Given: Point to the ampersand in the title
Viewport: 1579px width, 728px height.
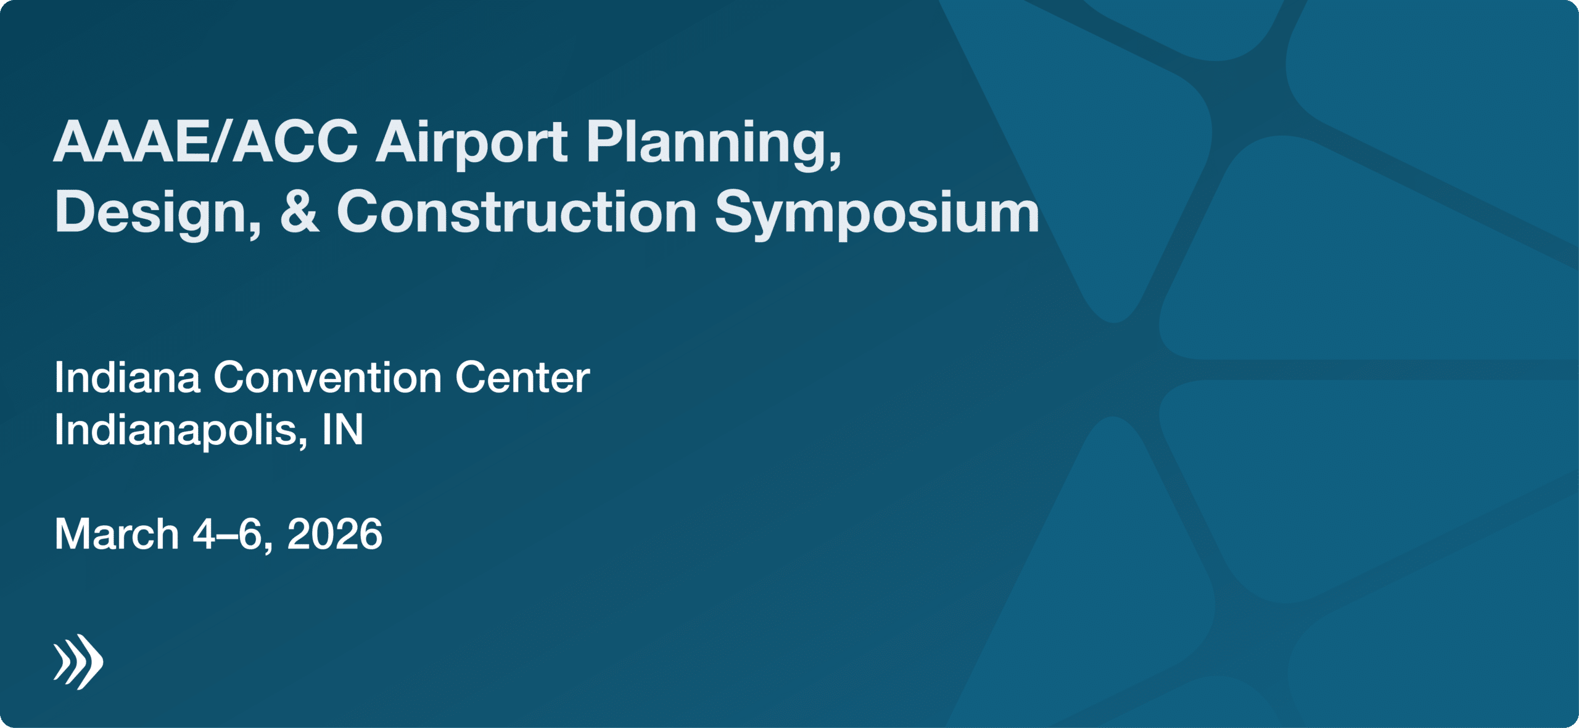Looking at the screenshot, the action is (300, 211).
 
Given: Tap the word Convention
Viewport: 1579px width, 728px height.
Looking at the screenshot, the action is (328, 377).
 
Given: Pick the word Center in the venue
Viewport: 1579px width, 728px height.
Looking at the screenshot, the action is (522, 377).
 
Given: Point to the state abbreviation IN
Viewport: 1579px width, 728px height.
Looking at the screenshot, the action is (343, 429).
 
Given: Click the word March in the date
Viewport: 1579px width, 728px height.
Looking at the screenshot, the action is (117, 534).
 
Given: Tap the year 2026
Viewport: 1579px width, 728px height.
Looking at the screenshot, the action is (335, 534).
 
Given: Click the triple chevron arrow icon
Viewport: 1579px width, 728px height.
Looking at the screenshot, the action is (78, 661).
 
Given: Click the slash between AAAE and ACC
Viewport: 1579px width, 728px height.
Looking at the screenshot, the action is (221, 142).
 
